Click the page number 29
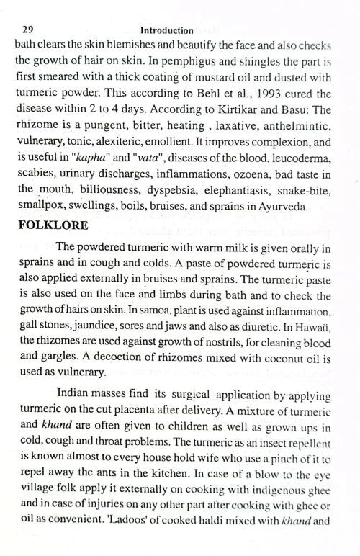point(28,30)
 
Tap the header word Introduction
point(167,30)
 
